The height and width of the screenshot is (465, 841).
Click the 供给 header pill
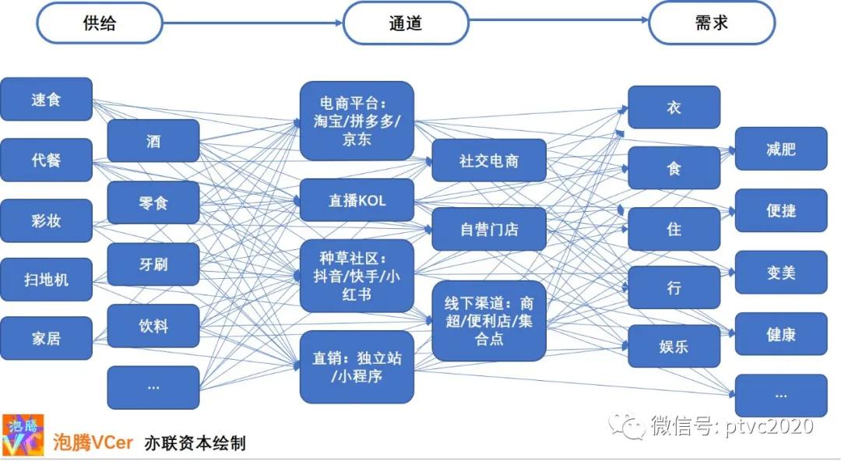pyautogui.click(x=99, y=23)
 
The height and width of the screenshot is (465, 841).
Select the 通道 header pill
pyautogui.click(x=406, y=23)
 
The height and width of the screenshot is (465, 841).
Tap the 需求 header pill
pyautogui.click(x=712, y=23)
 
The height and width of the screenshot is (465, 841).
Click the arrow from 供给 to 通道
pyautogui.click(x=252, y=23)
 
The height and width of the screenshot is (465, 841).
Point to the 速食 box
pyautogui.click(x=46, y=99)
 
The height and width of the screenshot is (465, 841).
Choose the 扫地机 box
pyautogui.click(x=46, y=280)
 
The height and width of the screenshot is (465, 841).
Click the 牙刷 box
pyautogui.click(x=153, y=264)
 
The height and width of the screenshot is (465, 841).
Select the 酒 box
pyautogui.click(x=153, y=141)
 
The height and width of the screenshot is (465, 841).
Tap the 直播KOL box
pyautogui.click(x=357, y=201)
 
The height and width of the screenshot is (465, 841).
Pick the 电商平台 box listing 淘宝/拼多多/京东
pyautogui.click(x=357, y=122)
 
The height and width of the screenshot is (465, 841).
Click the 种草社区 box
pyautogui.click(x=357, y=277)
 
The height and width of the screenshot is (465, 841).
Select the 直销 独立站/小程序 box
pyautogui.click(x=357, y=368)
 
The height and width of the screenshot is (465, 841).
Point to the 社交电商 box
pyautogui.click(x=489, y=160)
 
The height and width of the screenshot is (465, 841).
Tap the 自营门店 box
pyautogui.click(x=489, y=230)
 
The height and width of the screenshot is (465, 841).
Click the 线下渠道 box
pyautogui.click(x=489, y=321)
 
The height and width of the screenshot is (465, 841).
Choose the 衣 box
pyautogui.click(x=674, y=107)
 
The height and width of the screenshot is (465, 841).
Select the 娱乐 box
pyautogui.click(x=674, y=347)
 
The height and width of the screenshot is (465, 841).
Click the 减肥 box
pyautogui.click(x=781, y=149)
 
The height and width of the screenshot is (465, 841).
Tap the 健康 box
pyautogui.click(x=781, y=334)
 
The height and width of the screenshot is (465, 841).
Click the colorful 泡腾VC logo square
pyautogui.click(x=23, y=435)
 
